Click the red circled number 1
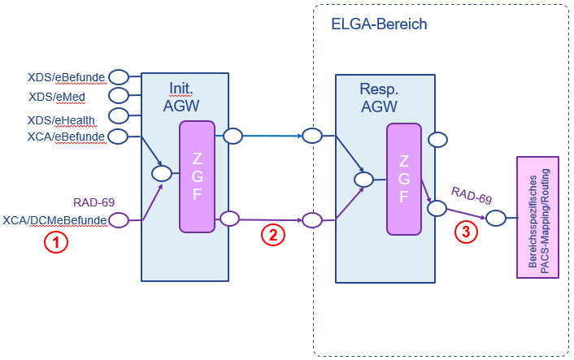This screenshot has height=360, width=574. point(56,241)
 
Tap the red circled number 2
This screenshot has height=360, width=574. point(273,235)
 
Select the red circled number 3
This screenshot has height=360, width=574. point(465,231)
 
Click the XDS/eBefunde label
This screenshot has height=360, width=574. point(67,78)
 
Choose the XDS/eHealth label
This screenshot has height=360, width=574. point(61,119)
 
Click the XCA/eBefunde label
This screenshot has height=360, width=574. point(66,137)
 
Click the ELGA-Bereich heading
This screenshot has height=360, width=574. point(379,24)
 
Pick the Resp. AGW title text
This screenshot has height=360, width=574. point(378,97)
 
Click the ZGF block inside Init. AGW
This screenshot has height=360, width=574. point(197,176)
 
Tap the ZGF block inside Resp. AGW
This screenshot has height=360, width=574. point(403,176)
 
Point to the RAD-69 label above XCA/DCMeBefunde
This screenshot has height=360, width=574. point(93,202)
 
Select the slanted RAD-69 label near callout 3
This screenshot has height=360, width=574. point(472,196)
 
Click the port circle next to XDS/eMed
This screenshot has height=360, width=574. point(119,98)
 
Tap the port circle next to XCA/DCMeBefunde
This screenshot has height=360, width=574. point(120,219)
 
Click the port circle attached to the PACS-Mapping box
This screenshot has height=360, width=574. point(496,218)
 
